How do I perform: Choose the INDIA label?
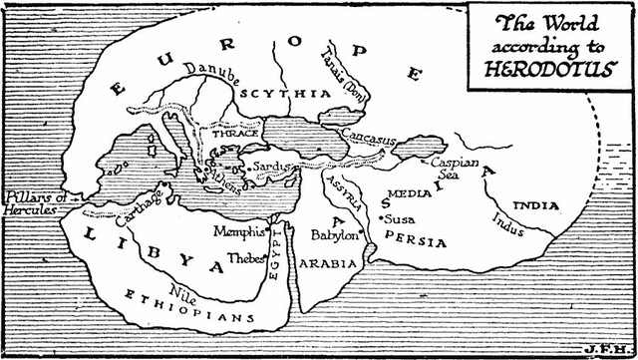(535, 206)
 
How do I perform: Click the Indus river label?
(508, 224)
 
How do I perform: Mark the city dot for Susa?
(382, 216)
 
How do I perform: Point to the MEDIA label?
(409, 192)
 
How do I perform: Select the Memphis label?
(239, 231)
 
